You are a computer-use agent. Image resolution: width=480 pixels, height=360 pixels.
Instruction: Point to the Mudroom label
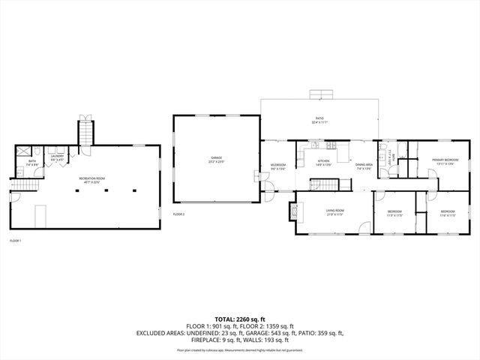(277, 166)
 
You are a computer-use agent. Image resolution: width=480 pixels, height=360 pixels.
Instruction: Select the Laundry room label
(57, 157)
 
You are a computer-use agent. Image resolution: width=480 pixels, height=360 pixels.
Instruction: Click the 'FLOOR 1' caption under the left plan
(15, 241)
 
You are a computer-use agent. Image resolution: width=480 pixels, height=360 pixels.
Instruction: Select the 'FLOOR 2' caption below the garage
(178, 214)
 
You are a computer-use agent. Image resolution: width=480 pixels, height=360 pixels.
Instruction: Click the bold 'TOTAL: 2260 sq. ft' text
(239, 319)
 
